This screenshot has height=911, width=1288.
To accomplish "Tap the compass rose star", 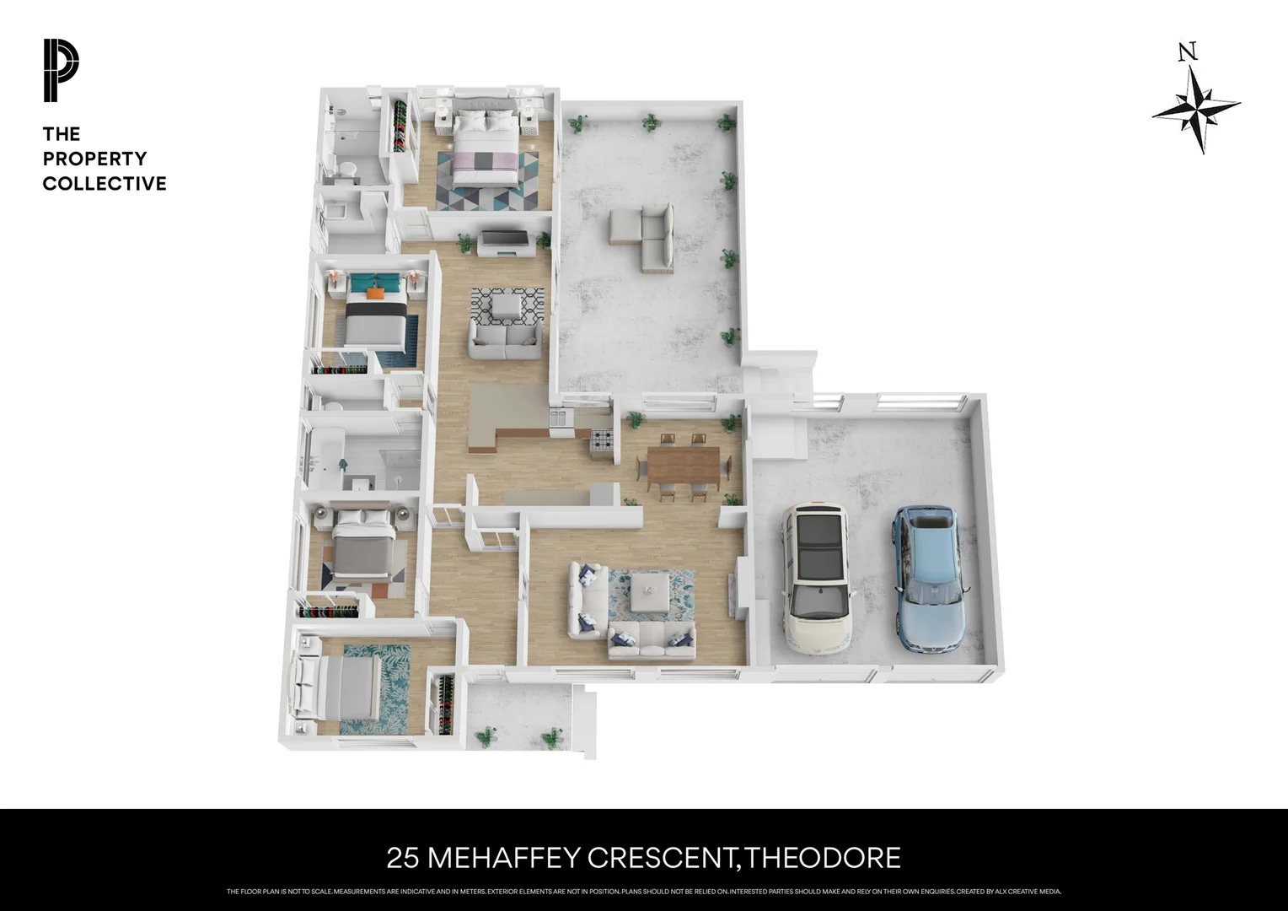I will coord(1197,109).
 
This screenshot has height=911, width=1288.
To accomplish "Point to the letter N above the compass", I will coord(1188,53).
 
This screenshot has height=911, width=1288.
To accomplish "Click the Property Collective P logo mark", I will coord(61,71).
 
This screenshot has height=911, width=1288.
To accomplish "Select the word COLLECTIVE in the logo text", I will coord(105,184).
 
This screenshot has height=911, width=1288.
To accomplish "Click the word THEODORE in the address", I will coord(824,858).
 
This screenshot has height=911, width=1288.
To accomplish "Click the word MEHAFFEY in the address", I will coord(504,858).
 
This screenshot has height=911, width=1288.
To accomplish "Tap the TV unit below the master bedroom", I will coord(504,243).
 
